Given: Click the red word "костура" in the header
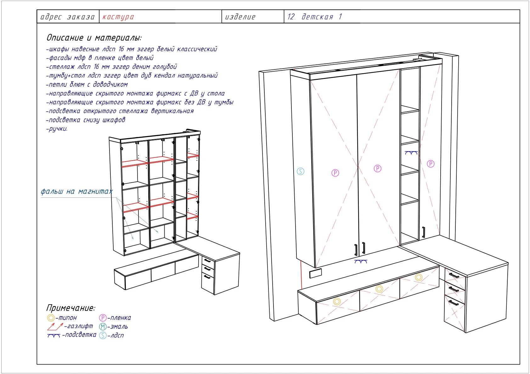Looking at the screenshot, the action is coord(118,17).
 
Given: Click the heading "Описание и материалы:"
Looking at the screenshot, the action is coord(94,38).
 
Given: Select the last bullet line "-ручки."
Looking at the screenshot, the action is coord(57,129).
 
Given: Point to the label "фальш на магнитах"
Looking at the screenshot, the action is coord(77,191).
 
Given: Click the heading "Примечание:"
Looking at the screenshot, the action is coord(71,308).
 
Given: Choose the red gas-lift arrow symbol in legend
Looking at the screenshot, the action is coord(55,327).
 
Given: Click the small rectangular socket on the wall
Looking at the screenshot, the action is coord(316,273).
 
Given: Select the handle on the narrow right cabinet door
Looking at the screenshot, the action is coord(424,233).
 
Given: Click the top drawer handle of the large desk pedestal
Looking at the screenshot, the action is coord(454,275).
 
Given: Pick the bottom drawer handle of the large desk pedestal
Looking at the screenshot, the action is coord(454,303).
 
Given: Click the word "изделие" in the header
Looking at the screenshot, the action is coord(240,17).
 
